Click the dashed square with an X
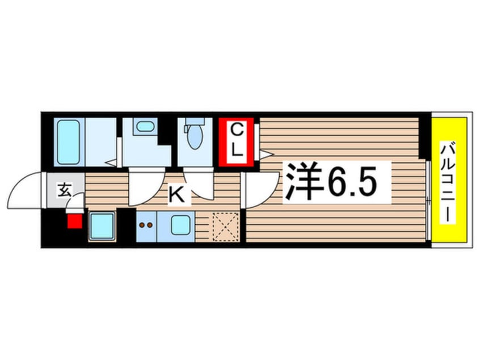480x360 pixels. click(x=224, y=225)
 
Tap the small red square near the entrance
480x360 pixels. click(x=74, y=219)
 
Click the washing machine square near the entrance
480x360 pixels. click(x=102, y=225)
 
